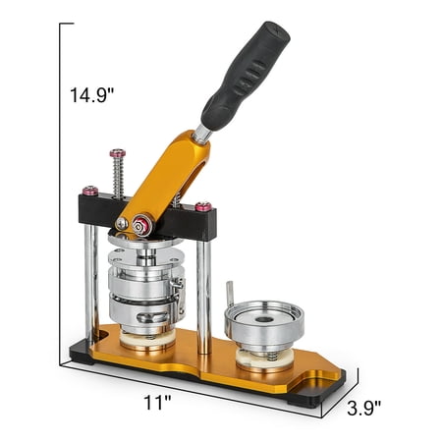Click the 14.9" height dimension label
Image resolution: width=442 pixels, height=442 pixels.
coord(91,95)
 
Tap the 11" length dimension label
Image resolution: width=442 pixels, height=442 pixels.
coord(157,403)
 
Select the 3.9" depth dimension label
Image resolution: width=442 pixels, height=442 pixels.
coord(363,408)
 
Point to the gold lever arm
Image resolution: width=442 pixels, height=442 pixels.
coord(164,184)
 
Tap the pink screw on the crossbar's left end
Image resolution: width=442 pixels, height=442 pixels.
coord(90,191)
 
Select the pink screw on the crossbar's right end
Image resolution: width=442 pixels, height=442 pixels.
coord(203,206)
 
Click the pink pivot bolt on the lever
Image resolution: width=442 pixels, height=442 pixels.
coord(142,225)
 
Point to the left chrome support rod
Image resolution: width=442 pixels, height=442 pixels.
coord(91,282)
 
